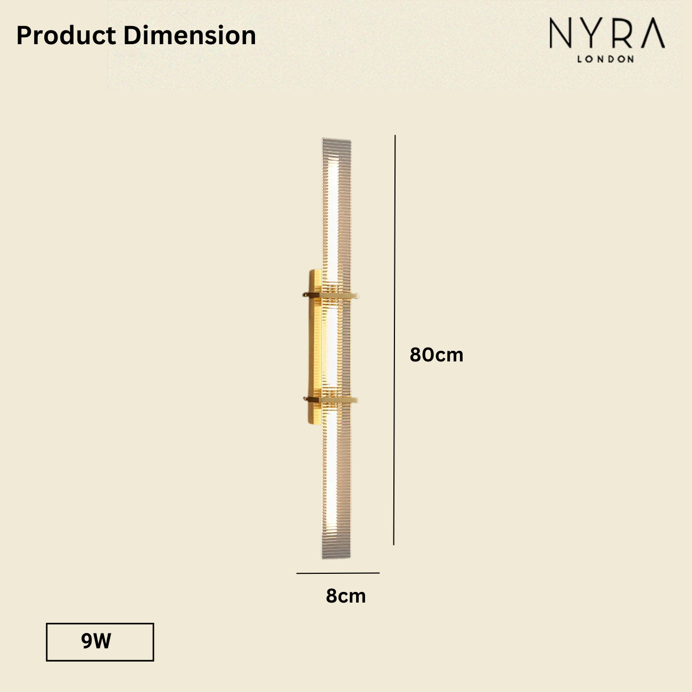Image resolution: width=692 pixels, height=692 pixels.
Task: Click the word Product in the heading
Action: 66,36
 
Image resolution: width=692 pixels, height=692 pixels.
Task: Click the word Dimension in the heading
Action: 190,36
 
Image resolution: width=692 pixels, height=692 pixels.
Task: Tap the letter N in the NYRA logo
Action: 561,34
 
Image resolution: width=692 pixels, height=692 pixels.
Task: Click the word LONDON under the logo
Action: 606,59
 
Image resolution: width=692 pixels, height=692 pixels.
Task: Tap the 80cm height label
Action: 436,355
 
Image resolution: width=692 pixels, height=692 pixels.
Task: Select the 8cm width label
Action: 346,596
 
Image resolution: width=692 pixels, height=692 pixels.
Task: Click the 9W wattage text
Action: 96,641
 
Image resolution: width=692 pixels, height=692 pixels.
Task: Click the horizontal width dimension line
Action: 338,573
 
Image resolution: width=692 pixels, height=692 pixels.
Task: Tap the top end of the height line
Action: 395,136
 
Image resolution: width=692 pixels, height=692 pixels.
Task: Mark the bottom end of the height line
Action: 394,544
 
